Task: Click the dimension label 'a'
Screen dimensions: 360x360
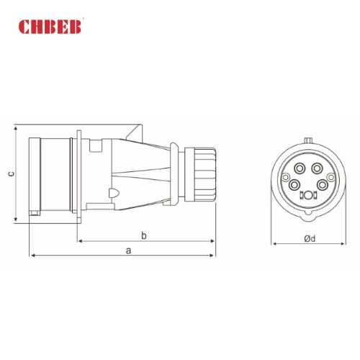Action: [x=128, y=250]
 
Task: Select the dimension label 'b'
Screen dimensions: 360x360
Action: [x=144, y=235]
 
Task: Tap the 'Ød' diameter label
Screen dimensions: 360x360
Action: [x=308, y=238]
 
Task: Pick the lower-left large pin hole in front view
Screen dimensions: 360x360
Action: [x=294, y=185]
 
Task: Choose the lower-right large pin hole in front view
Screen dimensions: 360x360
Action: [x=322, y=185]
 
